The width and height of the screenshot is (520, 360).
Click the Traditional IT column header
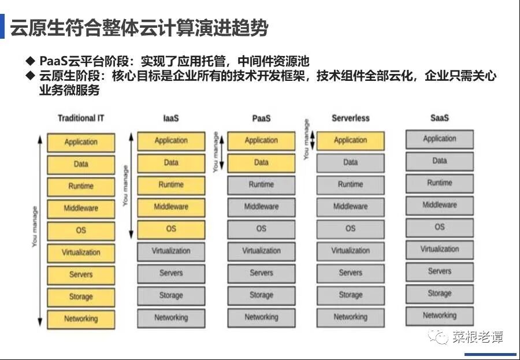pyautogui.click(x=81, y=118)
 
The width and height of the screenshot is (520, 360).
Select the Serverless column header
pyautogui.click(x=350, y=118)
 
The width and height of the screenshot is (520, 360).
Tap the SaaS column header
pyautogui.click(x=440, y=118)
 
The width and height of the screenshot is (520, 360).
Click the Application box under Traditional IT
pyautogui.click(x=81, y=142)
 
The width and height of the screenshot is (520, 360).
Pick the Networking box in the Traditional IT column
pyautogui.click(x=81, y=319)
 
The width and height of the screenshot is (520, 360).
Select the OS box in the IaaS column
pyautogui.click(x=171, y=229)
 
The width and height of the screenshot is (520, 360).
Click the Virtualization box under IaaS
pyautogui.click(x=171, y=251)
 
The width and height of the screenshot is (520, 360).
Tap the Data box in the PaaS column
pyautogui.click(x=261, y=162)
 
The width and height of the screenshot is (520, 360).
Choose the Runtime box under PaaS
pyautogui.click(x=261, y=185)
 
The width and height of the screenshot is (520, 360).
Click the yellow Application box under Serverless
pyautogui.click(x=350, y=140)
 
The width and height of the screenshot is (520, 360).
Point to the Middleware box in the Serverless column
pyautogui.click(x=350, y=206)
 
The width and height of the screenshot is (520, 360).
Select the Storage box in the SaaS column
pyautogui.click(x=440, y=294)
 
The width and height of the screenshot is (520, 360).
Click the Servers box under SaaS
pyautogui.click(x=440, y=271)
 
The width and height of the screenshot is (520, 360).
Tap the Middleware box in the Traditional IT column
pyautogui.click(x=81, y=208)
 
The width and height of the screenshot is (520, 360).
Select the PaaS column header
pyautogui.click(x=261, y=118)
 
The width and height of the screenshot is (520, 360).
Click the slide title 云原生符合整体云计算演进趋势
pyautogui.click(x=139, y=28)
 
